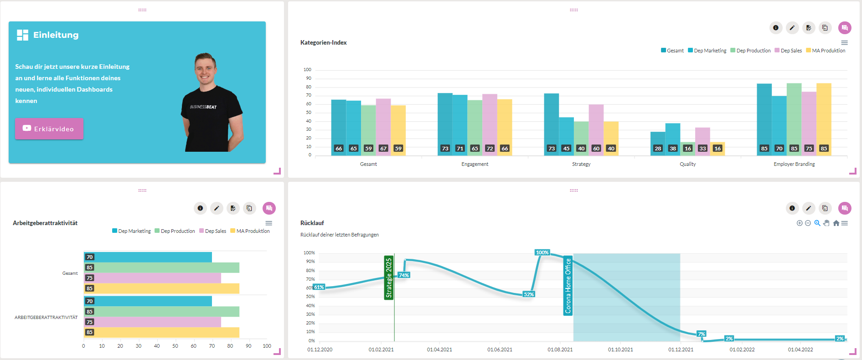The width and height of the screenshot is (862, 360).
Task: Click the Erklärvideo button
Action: coord(49,129)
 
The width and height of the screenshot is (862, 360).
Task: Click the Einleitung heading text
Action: coord(56,35)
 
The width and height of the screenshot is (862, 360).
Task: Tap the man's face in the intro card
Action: coord(205,68)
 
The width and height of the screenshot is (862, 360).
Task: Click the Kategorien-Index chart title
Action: coord(323,42)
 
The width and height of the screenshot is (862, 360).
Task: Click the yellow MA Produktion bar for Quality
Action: coord(717,149)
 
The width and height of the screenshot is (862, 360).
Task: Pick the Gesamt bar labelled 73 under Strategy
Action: coord(551,123)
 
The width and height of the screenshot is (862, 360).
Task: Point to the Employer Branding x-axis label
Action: coord(794,164)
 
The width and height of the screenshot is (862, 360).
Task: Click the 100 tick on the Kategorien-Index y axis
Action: coord(307,70)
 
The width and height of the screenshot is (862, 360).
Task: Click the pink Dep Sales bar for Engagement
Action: coord(490,123)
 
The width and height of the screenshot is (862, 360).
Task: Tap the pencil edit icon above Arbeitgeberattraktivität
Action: coord(217,208)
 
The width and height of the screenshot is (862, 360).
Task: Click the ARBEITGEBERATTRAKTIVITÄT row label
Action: coord(46,317)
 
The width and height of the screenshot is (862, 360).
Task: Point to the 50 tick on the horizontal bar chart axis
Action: coord(175,346)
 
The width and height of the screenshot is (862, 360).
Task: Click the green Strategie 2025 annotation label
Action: coord(388,278)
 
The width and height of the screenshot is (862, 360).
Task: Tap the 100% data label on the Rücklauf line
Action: coord(542,252)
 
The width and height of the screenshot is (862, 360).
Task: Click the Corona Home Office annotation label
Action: coord(568,286)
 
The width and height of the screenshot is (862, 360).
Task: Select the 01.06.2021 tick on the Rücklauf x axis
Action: coord(500,350)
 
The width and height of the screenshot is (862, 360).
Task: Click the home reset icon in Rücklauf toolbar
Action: coord(836,223)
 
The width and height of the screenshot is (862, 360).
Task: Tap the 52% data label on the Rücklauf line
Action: coord(528,294)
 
